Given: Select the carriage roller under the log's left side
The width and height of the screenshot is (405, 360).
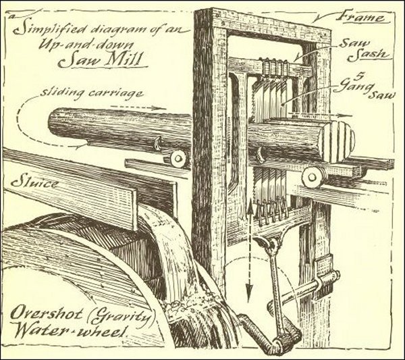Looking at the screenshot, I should coord(177,157).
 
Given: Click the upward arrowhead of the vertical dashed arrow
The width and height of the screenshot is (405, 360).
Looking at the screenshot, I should coord(248,204).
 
